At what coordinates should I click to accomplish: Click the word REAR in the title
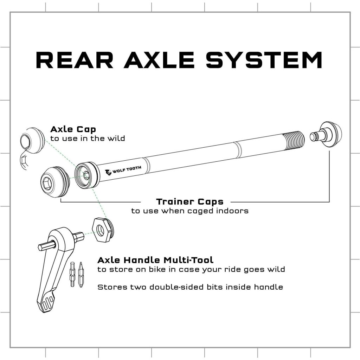click(x=75, y=60)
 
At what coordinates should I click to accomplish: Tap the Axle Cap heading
click(x=73, y=129)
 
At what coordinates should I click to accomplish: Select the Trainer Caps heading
click(x=189, y=201)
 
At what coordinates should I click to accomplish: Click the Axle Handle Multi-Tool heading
click(x=155, y=260)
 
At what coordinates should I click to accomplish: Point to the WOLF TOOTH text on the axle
click(x=127, y=170)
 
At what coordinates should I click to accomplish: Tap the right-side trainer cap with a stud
click(x=326, y=135)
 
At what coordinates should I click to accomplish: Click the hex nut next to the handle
click(x=103, y=230)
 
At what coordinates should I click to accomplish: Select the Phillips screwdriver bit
click(x=81, y=275)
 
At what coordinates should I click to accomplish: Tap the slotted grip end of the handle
click(x=47, y=303)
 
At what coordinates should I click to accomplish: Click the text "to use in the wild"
click(x=88, y=139)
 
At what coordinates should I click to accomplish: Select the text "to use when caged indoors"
click(x=190, y=211)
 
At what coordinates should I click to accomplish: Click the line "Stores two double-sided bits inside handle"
click(x=190, y=287)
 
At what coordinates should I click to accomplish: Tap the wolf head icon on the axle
click(x=108, y=172)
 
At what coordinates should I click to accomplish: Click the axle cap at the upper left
click(x=33, y=140)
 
